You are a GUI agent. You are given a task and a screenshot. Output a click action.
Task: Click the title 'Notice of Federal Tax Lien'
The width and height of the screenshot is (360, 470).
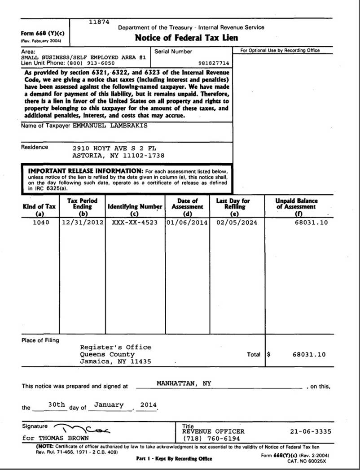coord(186,38)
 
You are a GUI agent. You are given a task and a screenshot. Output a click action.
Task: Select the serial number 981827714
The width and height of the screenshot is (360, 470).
coord(213,63)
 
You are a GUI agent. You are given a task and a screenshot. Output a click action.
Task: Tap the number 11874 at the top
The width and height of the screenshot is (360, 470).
coord(99,22)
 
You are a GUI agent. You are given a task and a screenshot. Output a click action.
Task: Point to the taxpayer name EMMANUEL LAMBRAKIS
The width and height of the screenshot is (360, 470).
coord(110,126)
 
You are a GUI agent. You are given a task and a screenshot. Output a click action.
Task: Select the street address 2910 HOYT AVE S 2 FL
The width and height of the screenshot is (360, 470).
coord(114,148)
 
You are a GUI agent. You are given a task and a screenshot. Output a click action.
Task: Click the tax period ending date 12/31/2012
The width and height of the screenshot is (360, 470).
coord(83,222)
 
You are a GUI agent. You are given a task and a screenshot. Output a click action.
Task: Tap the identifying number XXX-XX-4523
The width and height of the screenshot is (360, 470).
coord(135,222)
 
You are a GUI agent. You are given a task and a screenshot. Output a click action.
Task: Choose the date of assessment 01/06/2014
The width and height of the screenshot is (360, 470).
coord(187,222)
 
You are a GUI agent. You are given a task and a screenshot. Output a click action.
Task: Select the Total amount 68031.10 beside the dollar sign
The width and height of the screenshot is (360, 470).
coord(309,354)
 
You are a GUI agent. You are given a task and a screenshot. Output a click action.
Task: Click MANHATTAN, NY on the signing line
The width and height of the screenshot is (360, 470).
coord(184,383)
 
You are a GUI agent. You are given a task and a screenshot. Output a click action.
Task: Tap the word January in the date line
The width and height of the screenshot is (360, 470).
coord(109,405)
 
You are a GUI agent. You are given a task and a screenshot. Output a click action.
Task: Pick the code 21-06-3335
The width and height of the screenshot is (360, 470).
coord(311,431)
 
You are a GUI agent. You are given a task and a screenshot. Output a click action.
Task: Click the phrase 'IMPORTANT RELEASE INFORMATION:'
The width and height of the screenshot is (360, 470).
coord(86,171)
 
